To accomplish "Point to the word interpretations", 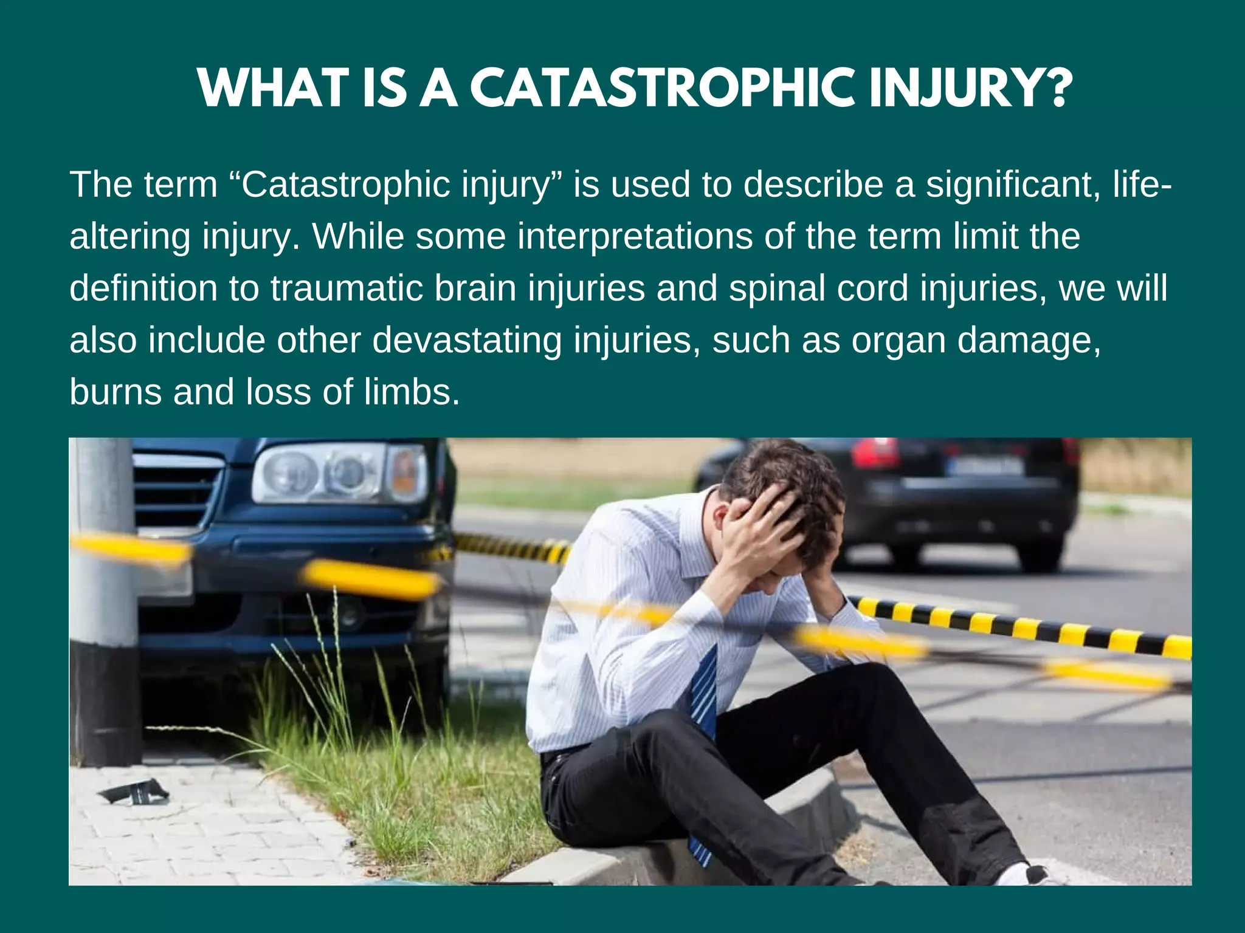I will coord(635,236).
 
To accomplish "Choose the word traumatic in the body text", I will coord(347,288).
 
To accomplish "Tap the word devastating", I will coord(467,340).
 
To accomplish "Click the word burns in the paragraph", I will coord(116,392).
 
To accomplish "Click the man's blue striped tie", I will coord(704,699).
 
